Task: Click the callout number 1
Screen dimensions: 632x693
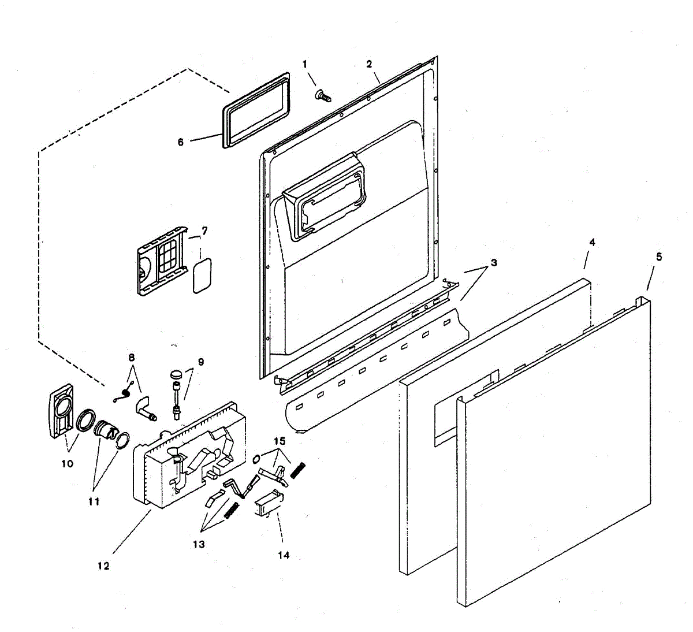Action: (x=306, y=63)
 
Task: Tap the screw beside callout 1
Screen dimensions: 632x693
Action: (x=322, y=95)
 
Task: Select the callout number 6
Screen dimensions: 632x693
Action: (x=181, y=142)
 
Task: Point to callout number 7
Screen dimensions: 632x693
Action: (x=204, y=231)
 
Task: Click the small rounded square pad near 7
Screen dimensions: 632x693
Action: (x=202, y=276)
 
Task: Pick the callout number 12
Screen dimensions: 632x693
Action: (x=103, y=566)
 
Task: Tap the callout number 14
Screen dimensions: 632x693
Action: (x=283, y=555)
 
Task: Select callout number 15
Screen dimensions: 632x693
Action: (x=280, y=441)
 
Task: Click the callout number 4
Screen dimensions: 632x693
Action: (x=592, y=243)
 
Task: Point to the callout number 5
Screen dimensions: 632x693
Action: (x=659, y=256)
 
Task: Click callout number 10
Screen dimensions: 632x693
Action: (x=68, y=463)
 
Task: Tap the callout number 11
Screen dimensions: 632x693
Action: (x=94, y=501)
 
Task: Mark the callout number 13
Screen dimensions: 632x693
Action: (x=199, y=544)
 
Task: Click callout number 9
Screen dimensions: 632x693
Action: (x=200, y=362)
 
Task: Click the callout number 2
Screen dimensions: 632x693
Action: (x=369, y=64)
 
